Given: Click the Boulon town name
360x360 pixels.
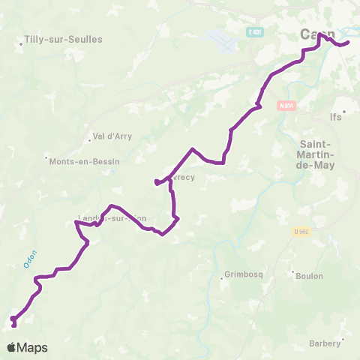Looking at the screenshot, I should (309, 275).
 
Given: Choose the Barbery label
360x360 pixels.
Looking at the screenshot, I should (325, 344).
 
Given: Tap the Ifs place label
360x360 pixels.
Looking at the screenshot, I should (336, 117).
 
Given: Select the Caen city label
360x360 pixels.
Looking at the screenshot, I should (318, 34).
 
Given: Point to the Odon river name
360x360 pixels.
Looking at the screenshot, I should (31, 258).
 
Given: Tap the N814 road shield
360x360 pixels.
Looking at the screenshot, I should (286, 106).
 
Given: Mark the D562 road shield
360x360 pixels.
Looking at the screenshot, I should (301, 232).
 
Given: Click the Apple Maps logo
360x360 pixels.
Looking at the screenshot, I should (27, 347).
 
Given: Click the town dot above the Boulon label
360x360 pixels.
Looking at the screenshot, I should (292, 271).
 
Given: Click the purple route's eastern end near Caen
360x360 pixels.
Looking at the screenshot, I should (349, 43).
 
